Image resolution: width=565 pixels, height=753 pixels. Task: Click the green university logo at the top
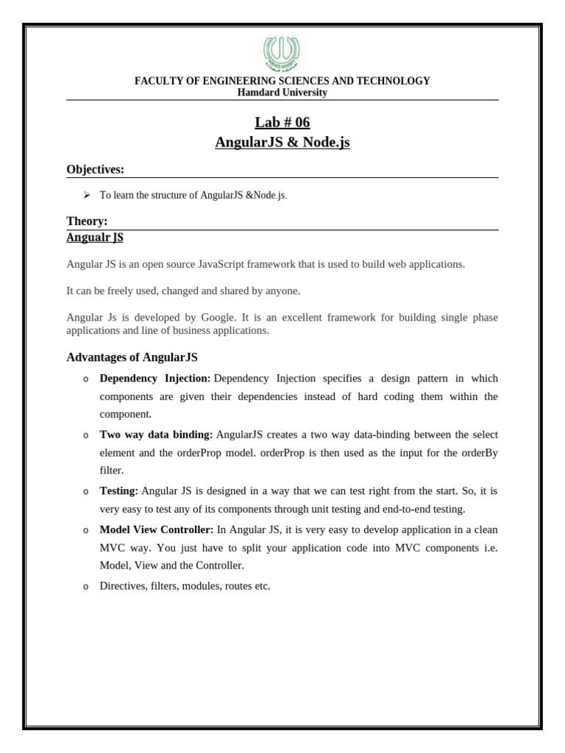[282, 54]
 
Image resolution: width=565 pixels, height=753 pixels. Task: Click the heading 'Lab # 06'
[282, 122]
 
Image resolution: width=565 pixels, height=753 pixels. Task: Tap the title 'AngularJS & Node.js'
[282, 142]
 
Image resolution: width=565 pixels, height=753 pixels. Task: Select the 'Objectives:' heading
[95, 170]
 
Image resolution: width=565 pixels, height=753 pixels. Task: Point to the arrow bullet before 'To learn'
[86, 195]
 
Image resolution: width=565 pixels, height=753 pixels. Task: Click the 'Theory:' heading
[87, 221]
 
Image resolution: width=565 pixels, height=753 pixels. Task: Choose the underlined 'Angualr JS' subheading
[95, 238]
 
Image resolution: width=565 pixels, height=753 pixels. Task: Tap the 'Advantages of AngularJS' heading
[132, 357]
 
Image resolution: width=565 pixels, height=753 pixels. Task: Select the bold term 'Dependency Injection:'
[154, 378]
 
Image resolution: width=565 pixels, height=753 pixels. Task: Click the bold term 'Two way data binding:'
[156, 435]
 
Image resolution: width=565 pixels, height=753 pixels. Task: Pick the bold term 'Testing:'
[118, 490]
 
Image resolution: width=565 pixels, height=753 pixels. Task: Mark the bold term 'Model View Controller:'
[156, 529]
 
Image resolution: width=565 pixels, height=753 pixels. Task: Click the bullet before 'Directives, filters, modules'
[85, 587]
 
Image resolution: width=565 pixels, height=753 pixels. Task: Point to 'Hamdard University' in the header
[282, 93]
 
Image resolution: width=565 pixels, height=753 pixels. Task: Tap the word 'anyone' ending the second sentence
[283, 291]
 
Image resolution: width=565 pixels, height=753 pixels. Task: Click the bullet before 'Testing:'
[85, 491]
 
